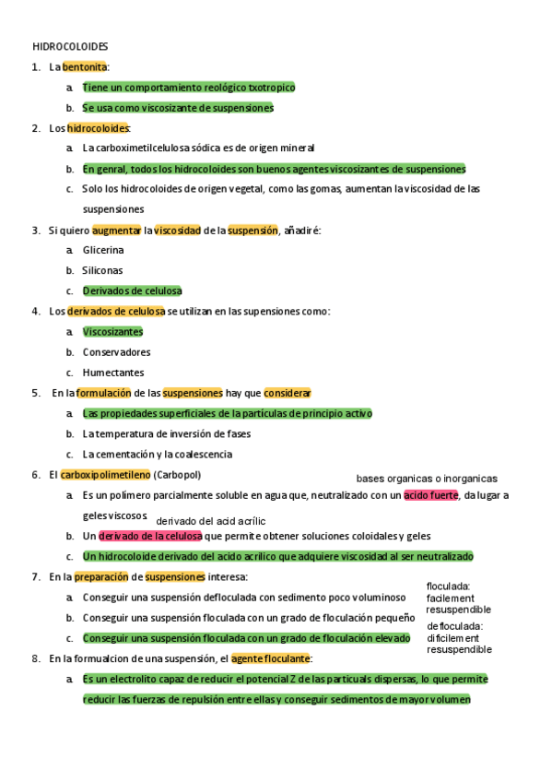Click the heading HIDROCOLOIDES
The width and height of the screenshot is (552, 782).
70,46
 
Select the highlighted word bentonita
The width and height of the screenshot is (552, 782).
85,67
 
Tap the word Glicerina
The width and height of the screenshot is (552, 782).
103,250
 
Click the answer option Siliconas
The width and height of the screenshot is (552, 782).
102,270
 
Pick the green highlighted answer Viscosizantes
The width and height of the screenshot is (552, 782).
112,332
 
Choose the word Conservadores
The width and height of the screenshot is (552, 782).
116,352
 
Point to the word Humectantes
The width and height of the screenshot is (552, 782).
113,373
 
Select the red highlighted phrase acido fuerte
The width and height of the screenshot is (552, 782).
430,495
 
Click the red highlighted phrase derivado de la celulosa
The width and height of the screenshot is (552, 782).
150,536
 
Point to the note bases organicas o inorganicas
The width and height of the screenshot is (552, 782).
427,479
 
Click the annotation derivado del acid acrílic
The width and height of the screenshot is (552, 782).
211,521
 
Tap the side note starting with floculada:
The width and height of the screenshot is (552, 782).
458,598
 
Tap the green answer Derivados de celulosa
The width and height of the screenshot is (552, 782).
132,290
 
